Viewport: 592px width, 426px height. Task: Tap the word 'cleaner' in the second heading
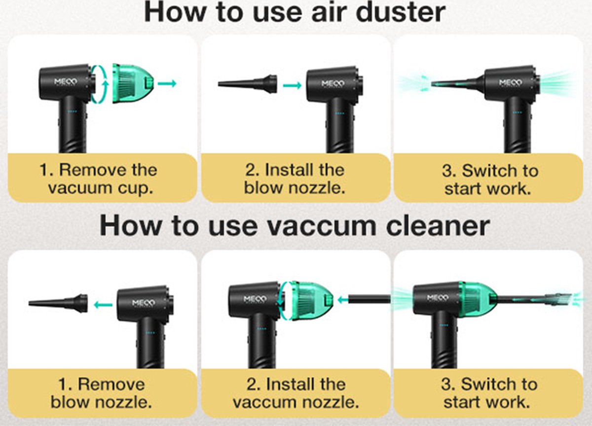[438, 227]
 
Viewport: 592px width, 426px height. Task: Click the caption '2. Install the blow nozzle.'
[295, 179]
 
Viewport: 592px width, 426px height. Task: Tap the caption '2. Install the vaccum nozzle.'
[296, 393]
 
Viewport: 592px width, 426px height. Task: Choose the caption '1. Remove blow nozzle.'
[101, 393]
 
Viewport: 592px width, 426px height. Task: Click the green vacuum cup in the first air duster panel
[133, 83]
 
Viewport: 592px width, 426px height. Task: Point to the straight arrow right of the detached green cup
[167, 83]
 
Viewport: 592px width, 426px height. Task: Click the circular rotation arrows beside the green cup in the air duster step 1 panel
[100, 83]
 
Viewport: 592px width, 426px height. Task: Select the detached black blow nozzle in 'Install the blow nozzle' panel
[247, 84]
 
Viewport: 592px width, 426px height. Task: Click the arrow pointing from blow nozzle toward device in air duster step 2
[292, 85]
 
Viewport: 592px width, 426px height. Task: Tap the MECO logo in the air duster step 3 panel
[510, 83]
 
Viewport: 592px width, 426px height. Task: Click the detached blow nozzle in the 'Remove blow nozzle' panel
[58, 303]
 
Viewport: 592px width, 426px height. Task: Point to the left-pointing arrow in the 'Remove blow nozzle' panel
[103, 305]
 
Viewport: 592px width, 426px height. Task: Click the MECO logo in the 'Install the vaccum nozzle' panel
[255, 299]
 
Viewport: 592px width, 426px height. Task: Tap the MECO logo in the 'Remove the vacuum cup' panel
[66, 81]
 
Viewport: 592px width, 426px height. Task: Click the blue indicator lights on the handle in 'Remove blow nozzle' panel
[150, 333]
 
